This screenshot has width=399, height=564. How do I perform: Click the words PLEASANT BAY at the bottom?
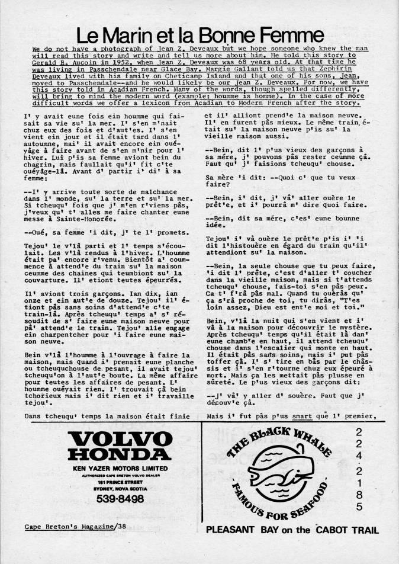pos(237,530)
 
